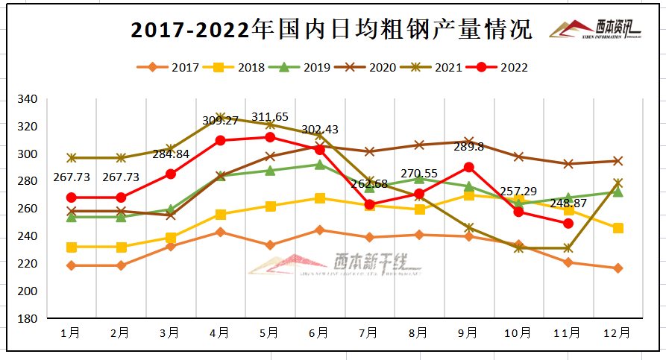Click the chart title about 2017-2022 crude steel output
coord(331,30)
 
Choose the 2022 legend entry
coord(497,67)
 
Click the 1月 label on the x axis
coord(71,333)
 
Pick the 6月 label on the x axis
coord(319,333)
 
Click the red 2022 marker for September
coord(468,167)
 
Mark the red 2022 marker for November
coord(568,223)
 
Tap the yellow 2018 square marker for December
coord(618,228)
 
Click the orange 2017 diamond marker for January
coord(71,265)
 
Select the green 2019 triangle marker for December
coord(618,192)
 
